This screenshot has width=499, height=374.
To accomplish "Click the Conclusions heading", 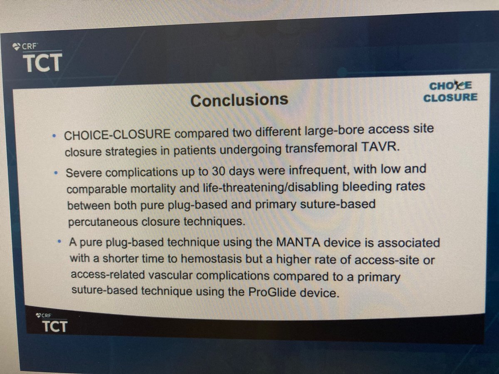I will tap(239, 100).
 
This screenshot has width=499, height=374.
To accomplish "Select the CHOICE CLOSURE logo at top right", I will tap(450, 91).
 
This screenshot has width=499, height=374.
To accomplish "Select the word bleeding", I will tap(361, 187).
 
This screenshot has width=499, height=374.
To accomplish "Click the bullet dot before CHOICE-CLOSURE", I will tap(55, 136).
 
